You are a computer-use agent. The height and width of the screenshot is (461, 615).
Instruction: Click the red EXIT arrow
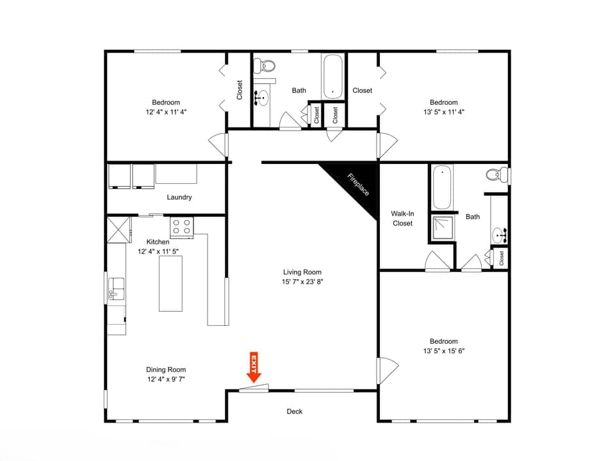tap(254, 368)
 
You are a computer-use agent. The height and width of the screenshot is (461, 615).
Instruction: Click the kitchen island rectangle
tap(171, 283)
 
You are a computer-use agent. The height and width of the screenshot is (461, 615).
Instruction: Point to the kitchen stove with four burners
tap(182, 227)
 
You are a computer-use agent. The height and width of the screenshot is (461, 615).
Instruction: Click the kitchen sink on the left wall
tap(115, 288)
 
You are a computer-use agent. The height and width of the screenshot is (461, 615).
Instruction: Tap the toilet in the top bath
tap(265, 65)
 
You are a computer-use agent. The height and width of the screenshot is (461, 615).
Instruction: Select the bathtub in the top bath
tap(333, 76)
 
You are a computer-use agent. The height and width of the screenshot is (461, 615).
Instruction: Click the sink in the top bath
tap(262, 98)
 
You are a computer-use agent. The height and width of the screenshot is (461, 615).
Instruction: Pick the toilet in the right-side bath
tap(495, 175)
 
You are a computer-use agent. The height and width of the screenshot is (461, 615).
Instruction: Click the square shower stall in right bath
tap(442, 226)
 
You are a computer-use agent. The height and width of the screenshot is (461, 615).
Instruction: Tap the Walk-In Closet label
tap(403, 218)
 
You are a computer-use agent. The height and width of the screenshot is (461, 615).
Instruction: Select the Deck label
tap(294, 412)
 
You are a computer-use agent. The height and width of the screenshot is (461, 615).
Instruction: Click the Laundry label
tap(179, 197)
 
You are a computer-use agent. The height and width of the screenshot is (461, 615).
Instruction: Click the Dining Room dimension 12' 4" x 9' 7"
tap(166, 379)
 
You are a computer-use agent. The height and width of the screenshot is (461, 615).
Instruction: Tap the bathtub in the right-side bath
tap(443, 187)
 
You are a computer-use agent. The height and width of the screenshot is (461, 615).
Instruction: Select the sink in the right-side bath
tap(500, 236)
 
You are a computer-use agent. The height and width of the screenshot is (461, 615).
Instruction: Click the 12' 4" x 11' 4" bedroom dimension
tap(166, 111)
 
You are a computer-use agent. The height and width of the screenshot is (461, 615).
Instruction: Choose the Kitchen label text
tap(158, 242)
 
